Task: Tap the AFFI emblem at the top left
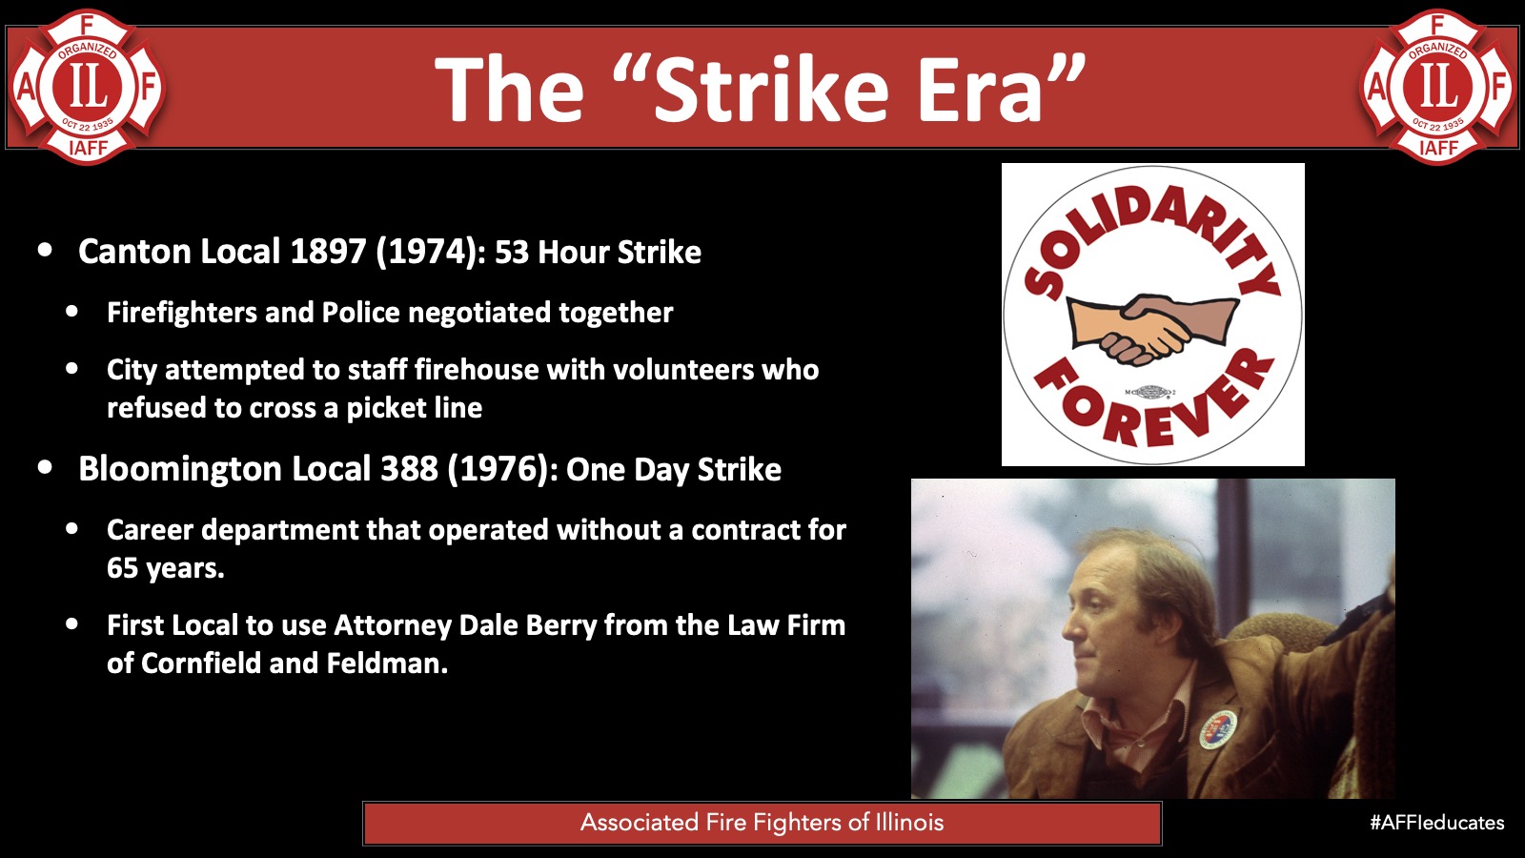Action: pyautogui.click(x=87, y=87)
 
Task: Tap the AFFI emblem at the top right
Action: pyautogui.click(x=1438, y=87)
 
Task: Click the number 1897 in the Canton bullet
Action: pyautogui.click(x=328, y=252)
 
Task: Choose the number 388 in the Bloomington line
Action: pyautogui.click(x=409, y=469)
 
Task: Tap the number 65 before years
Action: pyautogui.click(x=123, y=568)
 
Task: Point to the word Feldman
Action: pyautogui.click(x=387, y=664)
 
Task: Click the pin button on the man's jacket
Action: pyautogui.click(x=1218, y=730)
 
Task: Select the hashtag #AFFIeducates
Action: pyautogui.click(x=1436, y=823)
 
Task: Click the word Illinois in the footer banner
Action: pyautogui.click(x=906, y=823)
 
